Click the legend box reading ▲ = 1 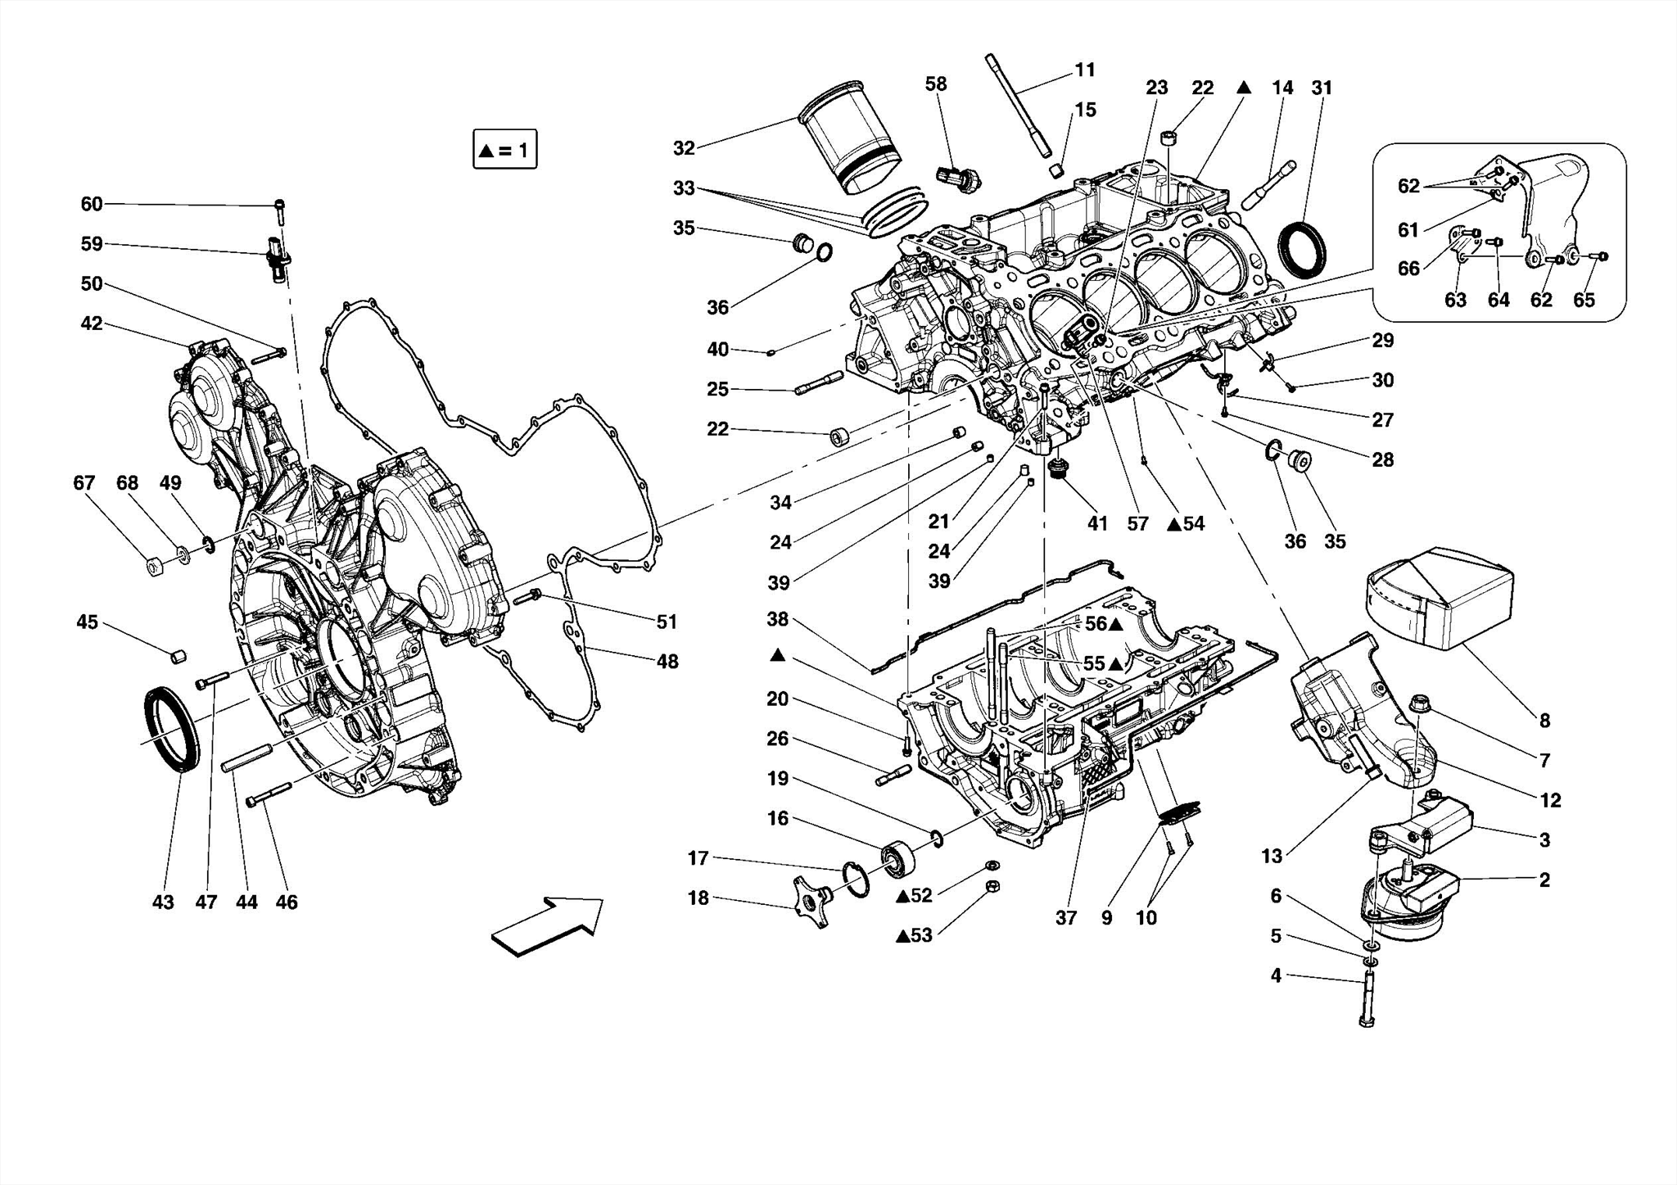click(504, 150)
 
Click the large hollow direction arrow click(547, 925)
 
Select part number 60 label click(92, 204)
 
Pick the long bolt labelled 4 click(1367, 996)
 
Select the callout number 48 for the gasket click(667, 661)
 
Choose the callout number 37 click(1065, 918)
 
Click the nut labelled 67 click(152, 566)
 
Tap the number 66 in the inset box click(1408, 269)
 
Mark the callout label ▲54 click(1186, 524)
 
